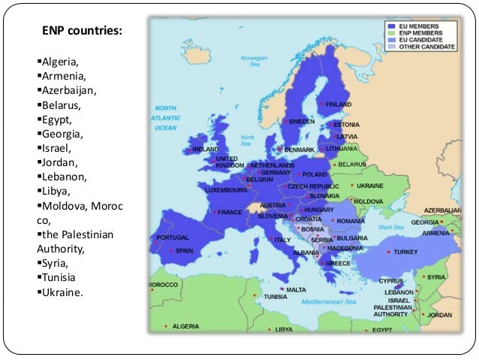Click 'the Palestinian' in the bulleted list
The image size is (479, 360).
[x=76, y=234]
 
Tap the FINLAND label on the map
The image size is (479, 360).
[x=339, y=104]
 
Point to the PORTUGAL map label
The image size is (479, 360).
[x=173, y=237]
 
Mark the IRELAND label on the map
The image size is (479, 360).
[x=205, y=149]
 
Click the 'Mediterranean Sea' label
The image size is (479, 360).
[x=335, y=301]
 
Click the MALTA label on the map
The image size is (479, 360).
[x=296, y=289]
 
